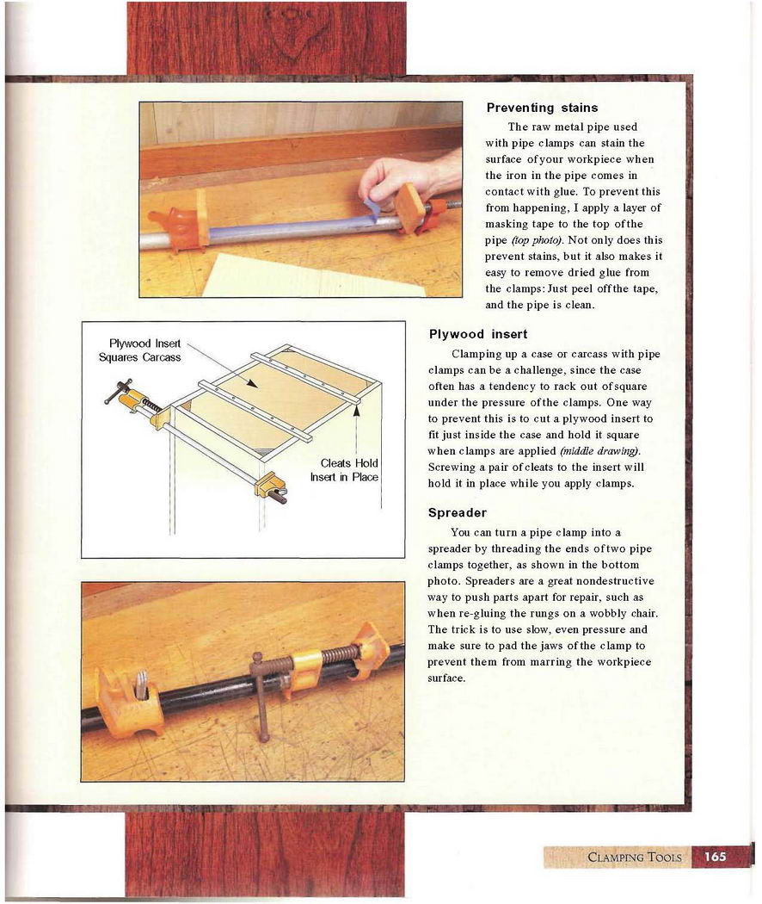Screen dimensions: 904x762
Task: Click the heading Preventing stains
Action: (x=542, y=108)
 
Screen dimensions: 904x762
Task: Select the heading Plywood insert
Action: (x=477, y=334)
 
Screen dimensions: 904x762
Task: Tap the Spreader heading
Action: (x=457, y=513)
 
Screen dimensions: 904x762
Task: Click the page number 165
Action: (x=716, y=857)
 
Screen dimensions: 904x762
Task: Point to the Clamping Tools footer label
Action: (x=634, y=857)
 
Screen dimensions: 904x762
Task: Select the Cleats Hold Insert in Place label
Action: (x=344, y=470)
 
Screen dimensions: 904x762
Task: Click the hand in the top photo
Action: (x=404, y=176)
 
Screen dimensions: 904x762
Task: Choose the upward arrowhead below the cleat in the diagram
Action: (x=354, y=412)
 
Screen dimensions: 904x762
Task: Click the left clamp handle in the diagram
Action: (x=117, y=391)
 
